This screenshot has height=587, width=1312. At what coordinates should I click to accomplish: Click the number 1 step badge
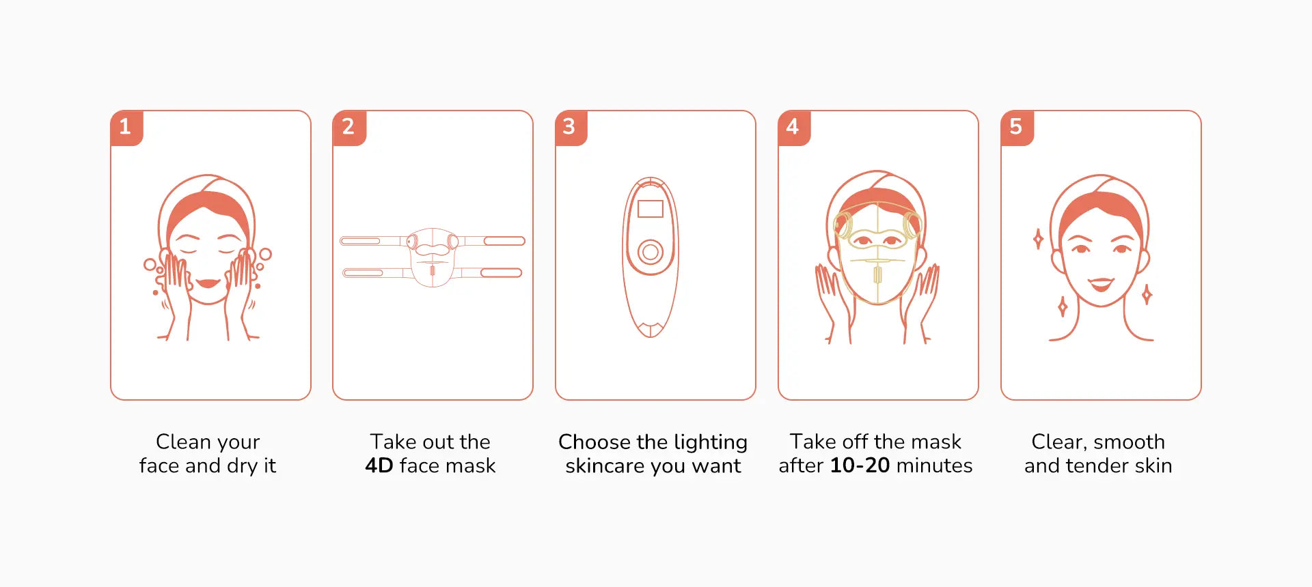click(x=126, y=127)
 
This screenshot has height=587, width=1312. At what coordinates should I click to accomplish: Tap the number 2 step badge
click(x=348, y=127)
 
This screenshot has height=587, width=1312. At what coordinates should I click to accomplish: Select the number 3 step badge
click(x=571, y=127)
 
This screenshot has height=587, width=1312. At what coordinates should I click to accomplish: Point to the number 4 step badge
click(x=793, y=127)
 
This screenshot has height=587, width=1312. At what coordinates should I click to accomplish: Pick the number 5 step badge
click(x=1016, y=127)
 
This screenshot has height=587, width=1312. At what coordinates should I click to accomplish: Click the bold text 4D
click(x=379, y=466)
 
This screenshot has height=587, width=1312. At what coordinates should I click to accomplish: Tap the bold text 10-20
click(x=860, y=466)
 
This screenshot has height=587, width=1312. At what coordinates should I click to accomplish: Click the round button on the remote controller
click(x=651, y=253)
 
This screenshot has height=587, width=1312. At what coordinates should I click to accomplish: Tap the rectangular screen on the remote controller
click(x=651, y=209)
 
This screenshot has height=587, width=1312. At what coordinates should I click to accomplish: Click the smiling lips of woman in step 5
click(x=1101, y=283)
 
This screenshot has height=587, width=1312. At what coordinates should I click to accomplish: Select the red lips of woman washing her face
click(x=207, y=283)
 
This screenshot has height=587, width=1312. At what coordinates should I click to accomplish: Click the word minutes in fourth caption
click(x=934, y=466)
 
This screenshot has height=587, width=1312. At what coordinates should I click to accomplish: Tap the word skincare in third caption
click(x=605, y=466)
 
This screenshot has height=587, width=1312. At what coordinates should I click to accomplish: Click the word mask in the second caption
click(x=468, y=466)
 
